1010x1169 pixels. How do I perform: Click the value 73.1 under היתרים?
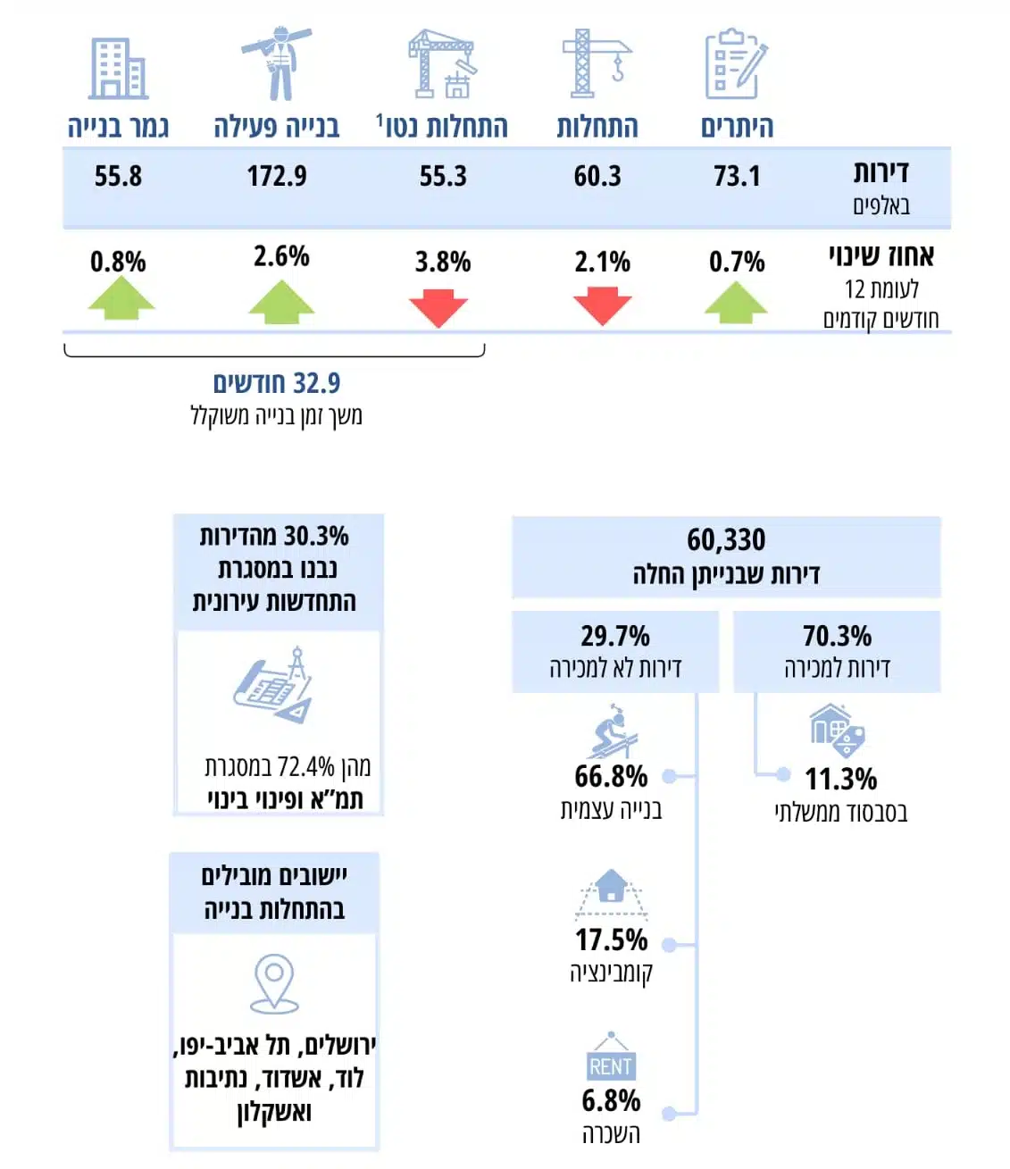coord(737,176)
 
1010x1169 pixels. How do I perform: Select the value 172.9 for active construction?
coord(277,176)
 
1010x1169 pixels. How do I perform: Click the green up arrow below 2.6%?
coord(281,302)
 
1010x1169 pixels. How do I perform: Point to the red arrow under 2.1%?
coord(602,305)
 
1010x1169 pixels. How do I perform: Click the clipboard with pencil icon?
coord(736,64)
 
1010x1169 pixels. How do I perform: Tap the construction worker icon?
coord(278,63)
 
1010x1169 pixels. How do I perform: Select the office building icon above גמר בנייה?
coord(118,69)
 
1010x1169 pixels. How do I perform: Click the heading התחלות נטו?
coord(443,127)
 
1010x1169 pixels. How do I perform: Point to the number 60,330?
coord(726,539)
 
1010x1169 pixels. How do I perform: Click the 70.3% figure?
coord(837,636)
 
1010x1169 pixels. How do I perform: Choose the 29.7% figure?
coord(615,636)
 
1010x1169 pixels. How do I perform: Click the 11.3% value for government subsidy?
coord(840,779)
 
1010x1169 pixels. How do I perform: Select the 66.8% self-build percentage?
coord(611,776)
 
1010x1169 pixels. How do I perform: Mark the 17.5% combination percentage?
coord(611,939)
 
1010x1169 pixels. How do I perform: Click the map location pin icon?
coord(274,983)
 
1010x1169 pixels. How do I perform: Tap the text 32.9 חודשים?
coord(276,383)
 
